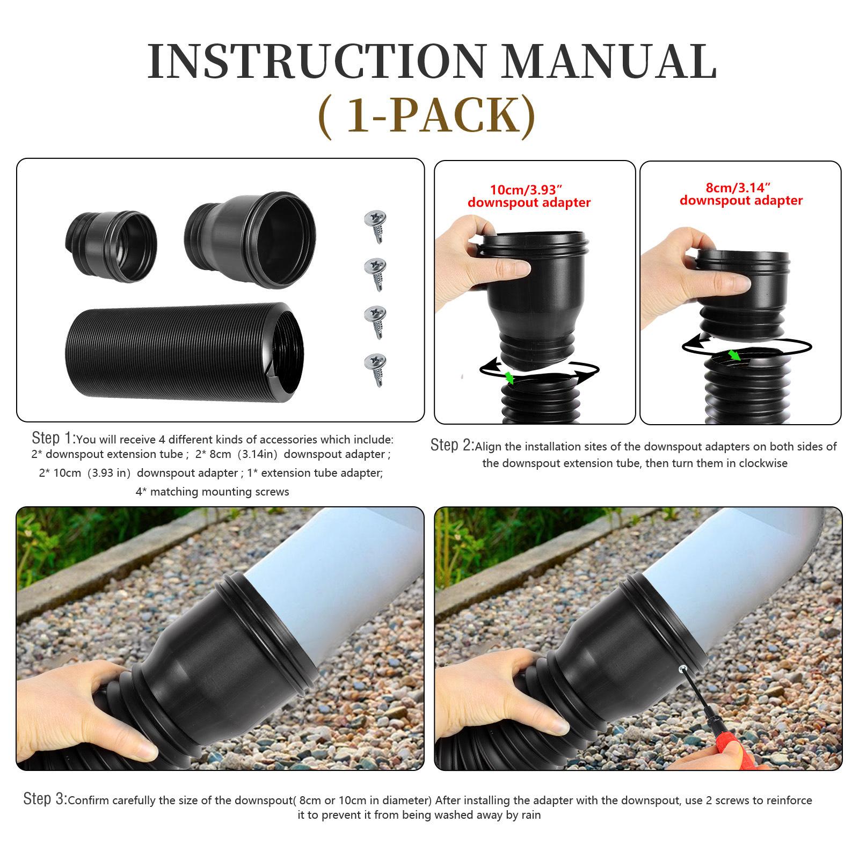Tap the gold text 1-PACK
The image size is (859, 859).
coord(427,116)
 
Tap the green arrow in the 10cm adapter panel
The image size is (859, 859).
coord(508,377)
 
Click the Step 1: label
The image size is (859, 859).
coord(54,438)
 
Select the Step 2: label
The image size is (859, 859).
coord(452,445)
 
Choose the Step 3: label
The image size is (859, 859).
coord(45,799)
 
